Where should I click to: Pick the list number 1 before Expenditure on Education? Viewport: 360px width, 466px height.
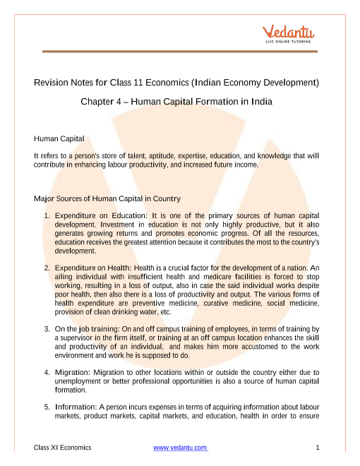pos(46,215)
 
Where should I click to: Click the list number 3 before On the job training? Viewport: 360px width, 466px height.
pos(46,329)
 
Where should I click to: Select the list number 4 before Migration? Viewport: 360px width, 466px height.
pos(46,371)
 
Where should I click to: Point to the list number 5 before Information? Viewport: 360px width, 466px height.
pos(46,407)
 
